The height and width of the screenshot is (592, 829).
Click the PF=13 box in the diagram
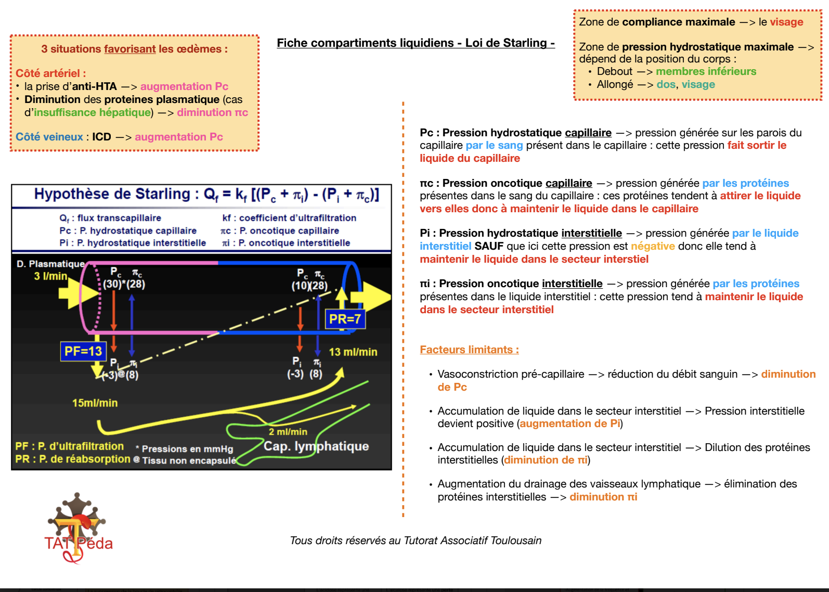point(83,352)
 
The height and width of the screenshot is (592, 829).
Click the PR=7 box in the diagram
point(345,319)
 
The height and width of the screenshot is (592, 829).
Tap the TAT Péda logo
point(78,528)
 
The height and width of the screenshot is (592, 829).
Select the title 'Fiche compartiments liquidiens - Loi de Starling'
point(416,43)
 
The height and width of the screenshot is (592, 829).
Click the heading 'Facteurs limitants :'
point(469,350)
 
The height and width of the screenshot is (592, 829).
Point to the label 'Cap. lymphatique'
point(316,446)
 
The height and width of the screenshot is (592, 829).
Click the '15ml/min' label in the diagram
point(95,403)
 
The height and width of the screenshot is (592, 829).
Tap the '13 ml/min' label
point(353,352)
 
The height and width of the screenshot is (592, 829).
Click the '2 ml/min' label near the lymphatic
point(288,432)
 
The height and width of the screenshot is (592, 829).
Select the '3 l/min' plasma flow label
point(50,276)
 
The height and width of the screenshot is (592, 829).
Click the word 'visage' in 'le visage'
point(786,22)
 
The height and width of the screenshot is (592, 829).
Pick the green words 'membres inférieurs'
point(706,71)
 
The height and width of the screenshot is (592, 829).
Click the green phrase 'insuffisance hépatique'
point(92,112)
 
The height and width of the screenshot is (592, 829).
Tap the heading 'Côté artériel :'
point(50,73)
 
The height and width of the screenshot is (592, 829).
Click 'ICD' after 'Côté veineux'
point(101,137)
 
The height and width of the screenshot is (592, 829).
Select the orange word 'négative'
point(653,246)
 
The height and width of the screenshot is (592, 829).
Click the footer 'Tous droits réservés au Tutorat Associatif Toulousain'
point(416,540)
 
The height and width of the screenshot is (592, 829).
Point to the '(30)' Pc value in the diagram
point(112,284)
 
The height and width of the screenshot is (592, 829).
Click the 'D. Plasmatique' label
point(50,264)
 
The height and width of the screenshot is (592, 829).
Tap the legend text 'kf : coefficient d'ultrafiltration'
point(289,218)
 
